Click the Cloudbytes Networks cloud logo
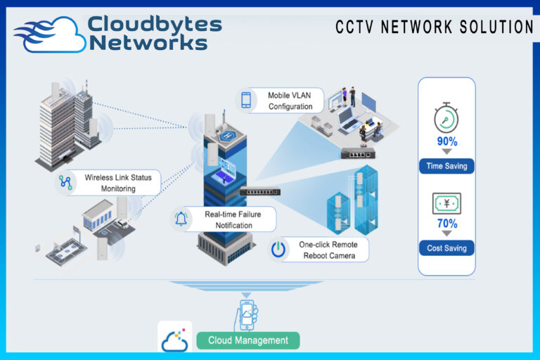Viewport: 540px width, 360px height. (x=50, y=34)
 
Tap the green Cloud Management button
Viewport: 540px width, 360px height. (x=248, y=340)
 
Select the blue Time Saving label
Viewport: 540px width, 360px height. (x=446, y=166)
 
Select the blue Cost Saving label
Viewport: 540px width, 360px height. (x=446, y=248)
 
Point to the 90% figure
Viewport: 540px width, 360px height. (x=447, y=141)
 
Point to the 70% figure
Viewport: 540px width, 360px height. (x=447, y=224)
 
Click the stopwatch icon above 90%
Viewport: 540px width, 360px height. (x=446, y=117)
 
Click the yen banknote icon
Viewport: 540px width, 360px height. (x=446, y=203)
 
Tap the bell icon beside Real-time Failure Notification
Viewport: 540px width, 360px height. (x=181, y=219)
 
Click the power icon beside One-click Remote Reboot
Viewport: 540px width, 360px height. (x=278, y=249)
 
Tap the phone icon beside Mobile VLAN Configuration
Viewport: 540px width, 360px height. (x=246, y=101)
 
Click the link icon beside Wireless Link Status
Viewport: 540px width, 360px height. (x=65, y=182)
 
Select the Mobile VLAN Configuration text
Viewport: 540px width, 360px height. (x=290, y=101)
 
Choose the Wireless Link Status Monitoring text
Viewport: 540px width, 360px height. (x=118, y=183)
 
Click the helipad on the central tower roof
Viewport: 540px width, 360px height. (x=228, y=136)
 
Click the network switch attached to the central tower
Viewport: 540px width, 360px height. (x=260, y=191)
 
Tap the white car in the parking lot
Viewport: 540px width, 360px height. (x=121, y=224)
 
